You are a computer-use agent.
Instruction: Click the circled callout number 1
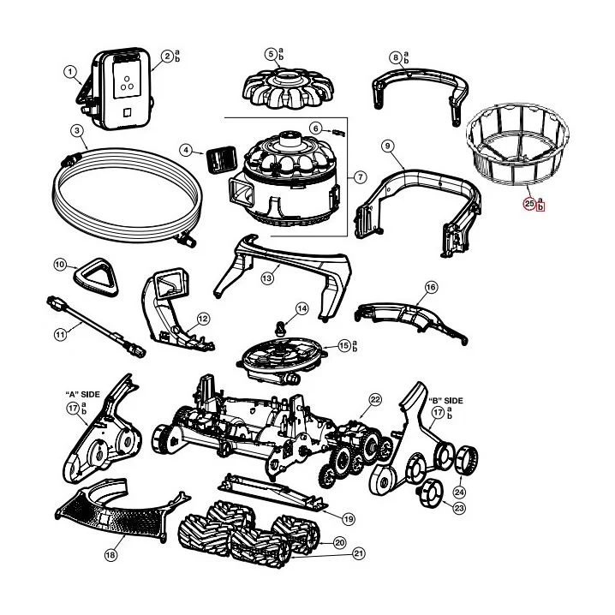(69, 73)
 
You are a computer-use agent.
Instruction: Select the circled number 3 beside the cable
(77, 131)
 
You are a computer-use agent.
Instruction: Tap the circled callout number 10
(59, 266)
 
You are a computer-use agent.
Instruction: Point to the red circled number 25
(528, 204)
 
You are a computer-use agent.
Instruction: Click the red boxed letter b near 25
(540, 206)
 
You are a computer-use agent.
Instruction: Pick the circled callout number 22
(374, 400)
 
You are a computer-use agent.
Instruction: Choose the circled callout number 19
(348, 518)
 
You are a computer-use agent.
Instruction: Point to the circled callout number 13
(267, 278)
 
